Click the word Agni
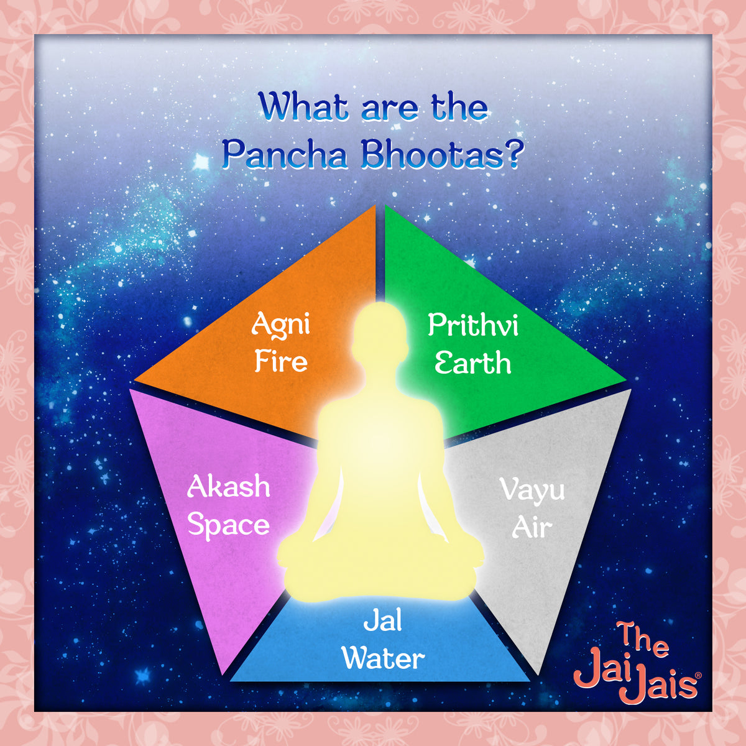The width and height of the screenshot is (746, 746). coord(280,325)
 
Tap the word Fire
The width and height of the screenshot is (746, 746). coord(281,362)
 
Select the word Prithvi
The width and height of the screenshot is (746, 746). coord(473,326)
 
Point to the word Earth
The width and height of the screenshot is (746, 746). coord(472,363)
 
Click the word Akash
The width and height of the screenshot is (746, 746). coord(229,487)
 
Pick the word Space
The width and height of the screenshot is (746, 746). coord(229,525)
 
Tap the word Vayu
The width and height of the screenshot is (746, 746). coord(532,490)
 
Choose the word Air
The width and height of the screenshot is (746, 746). coord(532,528)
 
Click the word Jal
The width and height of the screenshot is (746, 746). coord(383,620)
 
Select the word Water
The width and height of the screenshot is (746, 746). coord(384,658)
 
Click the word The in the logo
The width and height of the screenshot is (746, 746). coord(643,640)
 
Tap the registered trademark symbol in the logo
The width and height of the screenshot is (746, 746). coord(698,675)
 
